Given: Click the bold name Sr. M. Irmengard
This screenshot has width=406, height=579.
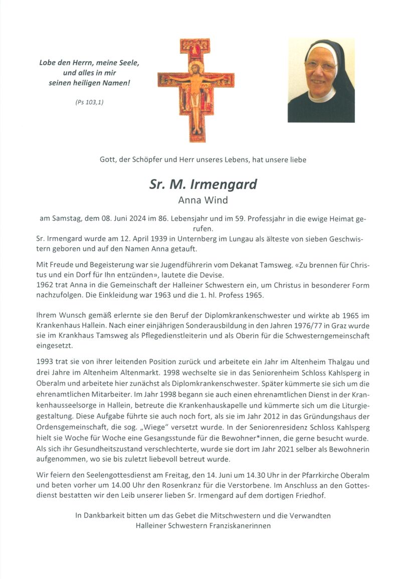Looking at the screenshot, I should point(202,184).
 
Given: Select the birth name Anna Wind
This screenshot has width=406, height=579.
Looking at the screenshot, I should point(202,201).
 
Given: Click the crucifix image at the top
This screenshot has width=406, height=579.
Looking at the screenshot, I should point(196,90).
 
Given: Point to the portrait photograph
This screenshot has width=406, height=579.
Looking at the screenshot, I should point(321,80).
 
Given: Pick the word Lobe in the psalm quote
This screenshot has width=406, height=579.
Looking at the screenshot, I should point(48,63).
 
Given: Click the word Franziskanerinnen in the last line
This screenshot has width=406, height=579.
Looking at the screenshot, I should point(235,526).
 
